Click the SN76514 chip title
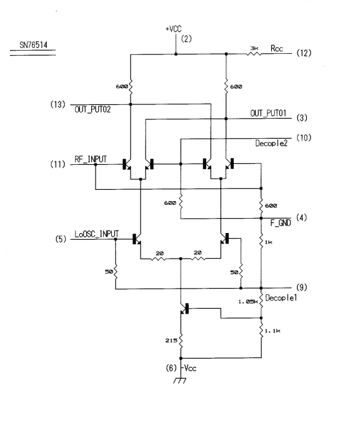(x=33, y=45)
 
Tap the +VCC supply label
(x=173, y=29)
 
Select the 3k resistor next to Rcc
(x=254, y=54)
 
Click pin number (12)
(x=304, y=53)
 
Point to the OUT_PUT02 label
(x=92, y=109)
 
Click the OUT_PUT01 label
(x=268, y=113)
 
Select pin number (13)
(x=57, y=104)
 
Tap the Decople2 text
(x=271, y=144)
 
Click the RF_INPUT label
(x=91, y=159)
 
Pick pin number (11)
(x=57, y=164)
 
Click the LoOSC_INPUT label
(x=96, y=234)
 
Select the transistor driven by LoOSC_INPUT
(x=137, y=239)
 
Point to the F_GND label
(x=281, y=223)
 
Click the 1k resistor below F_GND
(x=261, y=242)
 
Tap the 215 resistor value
(x=171, y=340)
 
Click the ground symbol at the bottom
(x=179, y=380)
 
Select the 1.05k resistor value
(x=248, y=302)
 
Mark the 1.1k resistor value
(x=272, y=331)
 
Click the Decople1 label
(x=281, y=298)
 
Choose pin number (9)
(x=301, y=287)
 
